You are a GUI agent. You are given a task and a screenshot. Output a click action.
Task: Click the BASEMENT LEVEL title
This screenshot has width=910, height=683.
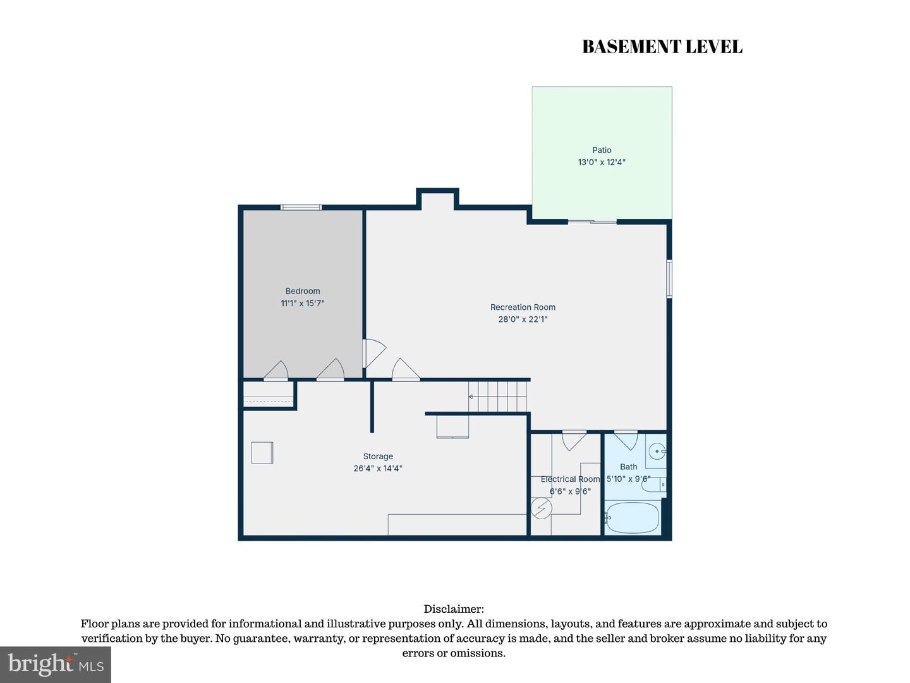(x=662, y=46)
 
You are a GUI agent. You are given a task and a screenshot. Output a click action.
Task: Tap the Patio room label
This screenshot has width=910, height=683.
(x=602, y=150)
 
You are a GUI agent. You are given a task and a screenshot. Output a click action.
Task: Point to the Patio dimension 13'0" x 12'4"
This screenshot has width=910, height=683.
(x=602, y=162)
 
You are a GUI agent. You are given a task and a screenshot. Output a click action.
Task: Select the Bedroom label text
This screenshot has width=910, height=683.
(x=302, y=291)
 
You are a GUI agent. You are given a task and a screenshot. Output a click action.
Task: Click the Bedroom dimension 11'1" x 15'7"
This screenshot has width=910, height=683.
(x=302, y=303)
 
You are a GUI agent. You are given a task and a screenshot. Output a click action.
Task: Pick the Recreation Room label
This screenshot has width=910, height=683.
(x=523, y=307)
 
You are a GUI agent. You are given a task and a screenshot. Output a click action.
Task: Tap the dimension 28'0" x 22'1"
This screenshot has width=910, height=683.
(x=523, y=319)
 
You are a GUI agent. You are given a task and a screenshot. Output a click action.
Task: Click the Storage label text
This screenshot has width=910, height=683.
(x=378, y=456)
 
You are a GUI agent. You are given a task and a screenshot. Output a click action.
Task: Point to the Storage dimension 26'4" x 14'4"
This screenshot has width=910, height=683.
(x=378, y=469)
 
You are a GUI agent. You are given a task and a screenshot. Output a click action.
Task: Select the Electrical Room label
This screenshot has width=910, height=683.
(x=570, y=479)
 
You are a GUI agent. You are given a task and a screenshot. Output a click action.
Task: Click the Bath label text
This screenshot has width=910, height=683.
(x=629, y=467)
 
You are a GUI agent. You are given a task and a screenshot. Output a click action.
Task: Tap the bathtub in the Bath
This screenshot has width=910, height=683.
(x=632, y=517)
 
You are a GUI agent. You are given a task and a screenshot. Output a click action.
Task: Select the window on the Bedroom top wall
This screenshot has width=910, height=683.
(x=301, y=207)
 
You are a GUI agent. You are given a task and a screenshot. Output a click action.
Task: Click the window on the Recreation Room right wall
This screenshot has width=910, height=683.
(x=669, y=279)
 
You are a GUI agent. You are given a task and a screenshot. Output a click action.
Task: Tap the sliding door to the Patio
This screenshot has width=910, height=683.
(x=592, y=222)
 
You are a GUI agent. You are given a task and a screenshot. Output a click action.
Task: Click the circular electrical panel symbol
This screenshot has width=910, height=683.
(x=541, y=508)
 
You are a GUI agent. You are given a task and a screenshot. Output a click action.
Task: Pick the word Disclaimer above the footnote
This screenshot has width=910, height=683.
(x=454, y=609)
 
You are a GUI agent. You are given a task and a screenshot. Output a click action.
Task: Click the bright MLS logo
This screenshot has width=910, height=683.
(x=56, y=664)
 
